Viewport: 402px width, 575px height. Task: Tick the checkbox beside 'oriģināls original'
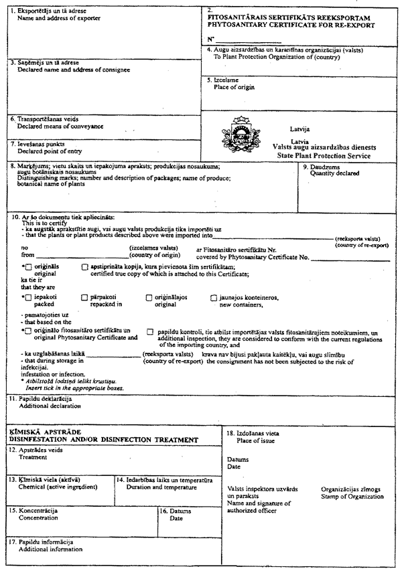tap(28, 267)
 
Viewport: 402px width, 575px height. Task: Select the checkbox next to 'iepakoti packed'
tap(28, 297)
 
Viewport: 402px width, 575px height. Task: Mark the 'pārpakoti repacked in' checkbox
tap(84, 297)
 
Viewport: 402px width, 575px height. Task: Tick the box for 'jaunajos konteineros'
tap(214, 297)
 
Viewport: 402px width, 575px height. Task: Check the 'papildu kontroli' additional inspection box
tap(151, 331)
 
